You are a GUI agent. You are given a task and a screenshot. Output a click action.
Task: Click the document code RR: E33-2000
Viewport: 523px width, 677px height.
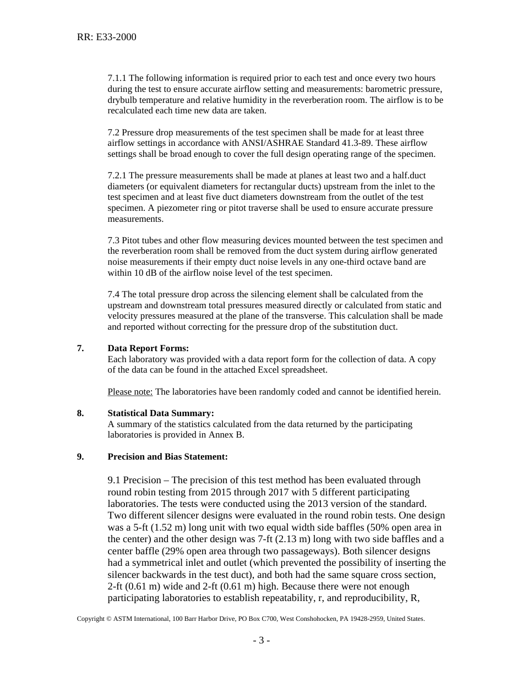point(106,37)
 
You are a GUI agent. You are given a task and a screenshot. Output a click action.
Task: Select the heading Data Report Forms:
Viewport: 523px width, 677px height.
point(148,348)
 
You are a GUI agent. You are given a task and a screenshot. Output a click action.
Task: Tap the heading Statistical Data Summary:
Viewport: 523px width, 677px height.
point(161,413)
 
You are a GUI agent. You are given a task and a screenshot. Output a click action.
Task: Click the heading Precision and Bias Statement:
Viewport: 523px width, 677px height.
point(167,457)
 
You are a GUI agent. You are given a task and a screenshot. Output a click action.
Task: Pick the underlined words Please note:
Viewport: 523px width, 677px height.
point(130,392)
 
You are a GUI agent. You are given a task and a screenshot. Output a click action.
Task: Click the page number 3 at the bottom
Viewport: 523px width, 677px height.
point(261,640)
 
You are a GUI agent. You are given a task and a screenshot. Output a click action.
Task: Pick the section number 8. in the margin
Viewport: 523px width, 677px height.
point(80,413)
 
